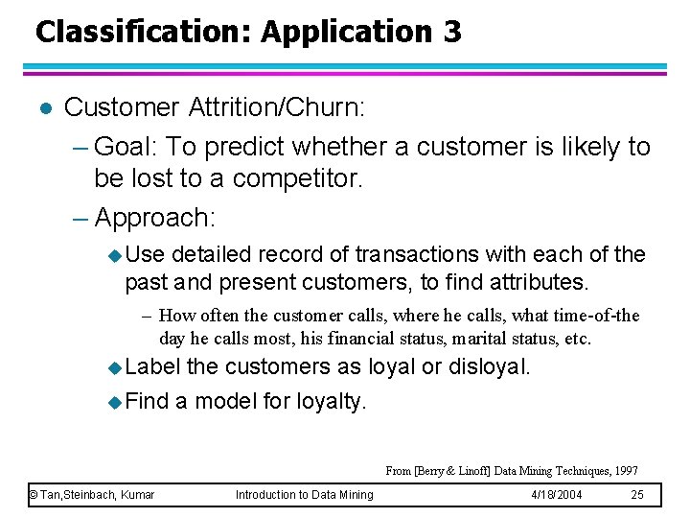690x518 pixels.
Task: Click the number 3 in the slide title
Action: coord(451,32)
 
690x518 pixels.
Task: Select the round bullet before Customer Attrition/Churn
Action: coord(40,107)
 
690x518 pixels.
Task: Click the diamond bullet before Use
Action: coord(115,255)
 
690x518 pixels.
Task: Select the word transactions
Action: coord(416,254)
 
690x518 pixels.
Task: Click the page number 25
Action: coord(637,494)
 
